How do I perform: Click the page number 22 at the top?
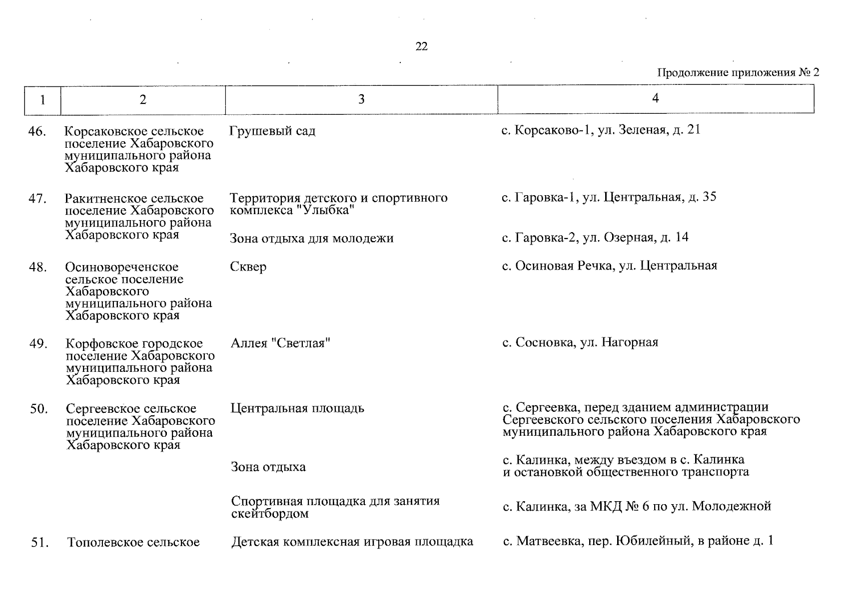click(x=421, y=47)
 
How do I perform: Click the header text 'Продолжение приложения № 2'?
click(x=738, y=73)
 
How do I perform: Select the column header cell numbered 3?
click(x=361, y=100)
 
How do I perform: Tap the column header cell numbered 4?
click(x=656, y=99)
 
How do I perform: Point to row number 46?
click(x=37, y=132)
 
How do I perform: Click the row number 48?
click(x=38, y=268)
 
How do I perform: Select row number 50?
click(x=38, y=409)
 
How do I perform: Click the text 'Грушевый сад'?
click(x=272, y=131)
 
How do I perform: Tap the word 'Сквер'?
click(x=248, y=267)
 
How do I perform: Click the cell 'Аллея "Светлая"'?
click(x=281, y=343)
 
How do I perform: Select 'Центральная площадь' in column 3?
click(x=298, y=408)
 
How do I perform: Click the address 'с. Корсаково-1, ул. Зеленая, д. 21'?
click(x=601, y=130)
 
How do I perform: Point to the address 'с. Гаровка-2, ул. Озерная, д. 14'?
click(x=595, y=238)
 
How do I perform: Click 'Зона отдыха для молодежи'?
click(x=312, y=239)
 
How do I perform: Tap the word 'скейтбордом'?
click(x=270, y=514)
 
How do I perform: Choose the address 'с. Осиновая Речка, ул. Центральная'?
click(x=610, y=266)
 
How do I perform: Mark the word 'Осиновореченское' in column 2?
click(x=121, y=268)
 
